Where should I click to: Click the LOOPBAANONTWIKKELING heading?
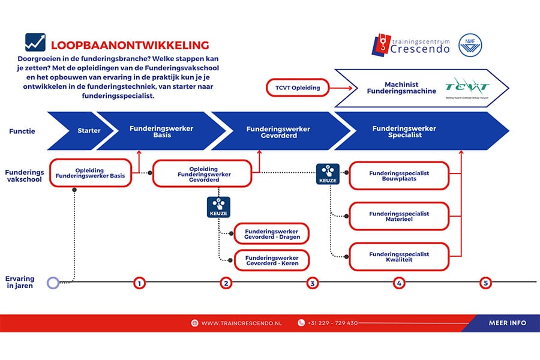point(130,45)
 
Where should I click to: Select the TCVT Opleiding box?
point(298,88)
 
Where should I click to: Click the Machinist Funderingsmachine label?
point(394,88)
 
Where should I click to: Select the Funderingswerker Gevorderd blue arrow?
point(278,131)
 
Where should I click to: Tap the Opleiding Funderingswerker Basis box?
point(91,173)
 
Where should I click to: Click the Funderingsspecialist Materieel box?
point(399,217)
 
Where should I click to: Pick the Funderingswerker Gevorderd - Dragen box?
point(272,234)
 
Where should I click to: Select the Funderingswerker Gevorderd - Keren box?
point(272,260)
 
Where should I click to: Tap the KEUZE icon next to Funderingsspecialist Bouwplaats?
point(329,174)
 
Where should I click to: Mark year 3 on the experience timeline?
point(313,283)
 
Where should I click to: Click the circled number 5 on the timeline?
point(486,283)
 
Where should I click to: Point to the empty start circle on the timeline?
point(53,283)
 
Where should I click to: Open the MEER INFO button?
point(507,323)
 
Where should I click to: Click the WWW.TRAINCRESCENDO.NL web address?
point(241,323)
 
